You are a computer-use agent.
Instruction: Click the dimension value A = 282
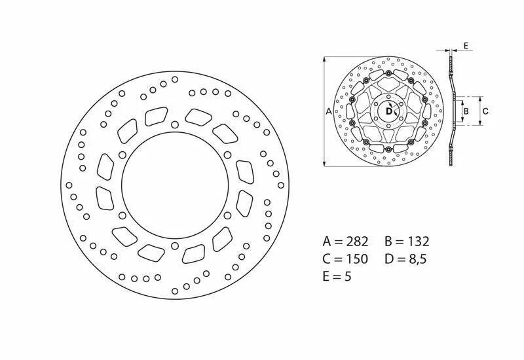click(346, 241)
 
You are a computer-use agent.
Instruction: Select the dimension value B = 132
click(407, 241)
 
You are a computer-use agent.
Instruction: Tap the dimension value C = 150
click(345, 259)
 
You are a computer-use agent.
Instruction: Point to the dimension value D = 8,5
click(405, 259)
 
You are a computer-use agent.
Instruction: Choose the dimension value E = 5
click(337, 276)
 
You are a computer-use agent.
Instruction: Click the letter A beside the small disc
click(329, 111)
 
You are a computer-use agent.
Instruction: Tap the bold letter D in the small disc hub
click(388, 111)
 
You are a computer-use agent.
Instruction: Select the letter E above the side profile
click(466, 46)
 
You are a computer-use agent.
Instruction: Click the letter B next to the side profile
click(466, 111)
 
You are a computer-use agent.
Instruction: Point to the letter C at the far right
click(485, 111)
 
